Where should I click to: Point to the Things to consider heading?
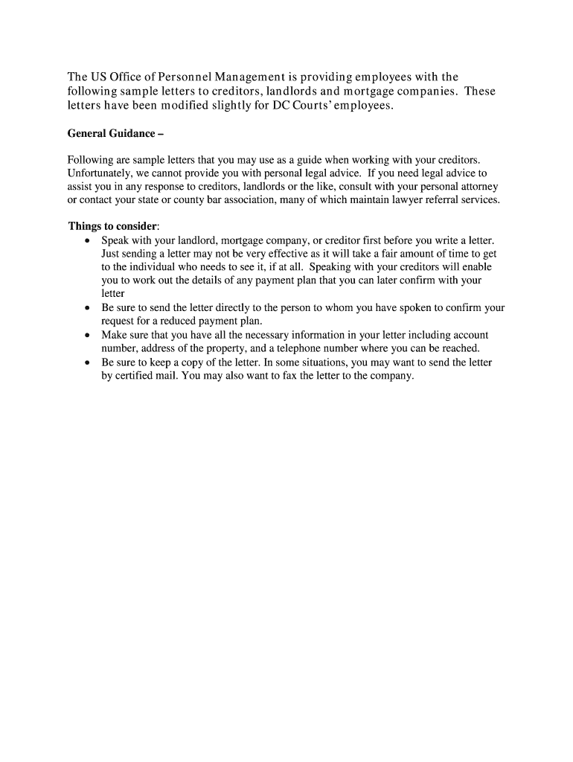[113, 225]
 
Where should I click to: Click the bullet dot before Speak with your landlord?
[88, 241]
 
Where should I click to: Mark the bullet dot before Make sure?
[88, 335]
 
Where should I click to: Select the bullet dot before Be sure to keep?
[88, 362]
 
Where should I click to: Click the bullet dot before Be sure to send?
[88, 307]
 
